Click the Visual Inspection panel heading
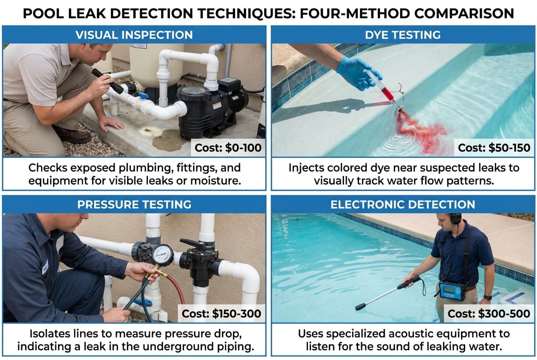(x=134, y=35)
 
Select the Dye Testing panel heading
(x=402, y=35)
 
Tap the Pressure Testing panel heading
(x=134, y=205)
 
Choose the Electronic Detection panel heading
(x=402, y=205)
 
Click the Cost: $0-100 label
(x=228, y=148)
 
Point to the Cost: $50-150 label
(x=494, y=148)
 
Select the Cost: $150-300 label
(x=221, y=314)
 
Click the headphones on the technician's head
(x=455, y=219)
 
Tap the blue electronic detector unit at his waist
(x=452, y=291)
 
